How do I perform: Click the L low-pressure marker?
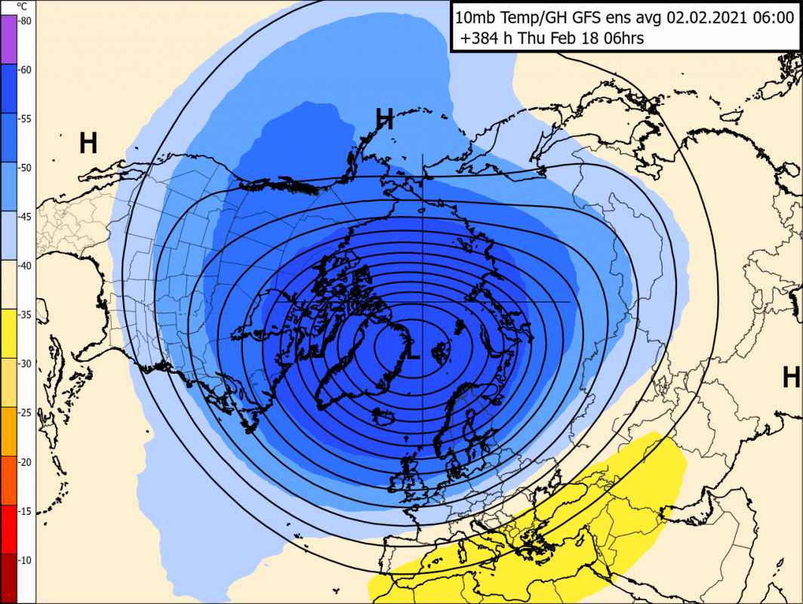[412, 352]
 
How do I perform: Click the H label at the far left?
[88, 143]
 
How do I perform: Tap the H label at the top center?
[385, 119]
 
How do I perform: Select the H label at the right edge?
[790, 377]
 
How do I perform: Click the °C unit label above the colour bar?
[22, 5]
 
